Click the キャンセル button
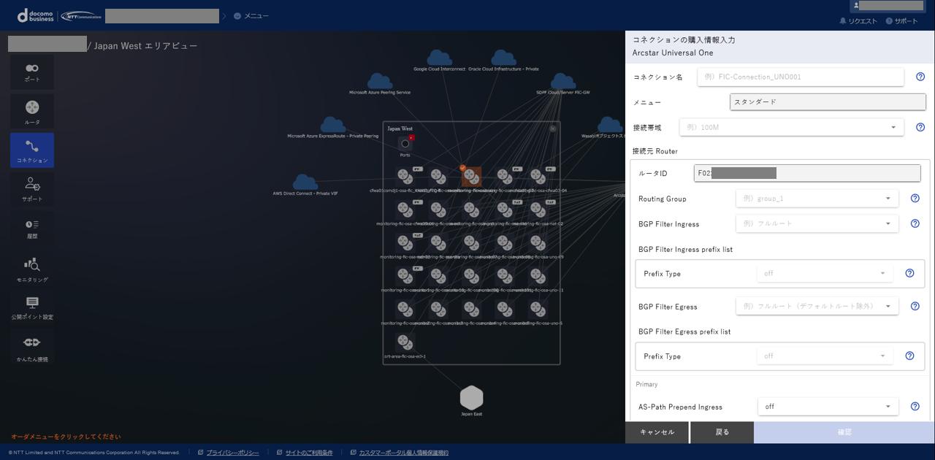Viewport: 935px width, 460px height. (657, 432)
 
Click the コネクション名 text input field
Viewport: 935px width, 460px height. (800, 77)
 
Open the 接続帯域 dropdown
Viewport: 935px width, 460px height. (791, 127)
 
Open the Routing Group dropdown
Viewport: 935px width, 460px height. (817, 199)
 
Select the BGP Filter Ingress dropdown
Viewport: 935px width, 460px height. (817, 223)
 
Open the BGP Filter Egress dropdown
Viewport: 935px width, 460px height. (817, 307)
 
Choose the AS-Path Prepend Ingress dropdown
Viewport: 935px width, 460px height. (828, 407)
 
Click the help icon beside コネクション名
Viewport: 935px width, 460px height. (920, 77)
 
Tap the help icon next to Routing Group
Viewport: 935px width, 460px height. (915, 199)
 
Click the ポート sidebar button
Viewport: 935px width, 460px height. (32, 72)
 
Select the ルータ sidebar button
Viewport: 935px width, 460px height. (32, 111)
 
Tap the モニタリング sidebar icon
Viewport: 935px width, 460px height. (32, 268)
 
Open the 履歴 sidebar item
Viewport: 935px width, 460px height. (32, 228)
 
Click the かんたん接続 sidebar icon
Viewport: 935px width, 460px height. (32, 346)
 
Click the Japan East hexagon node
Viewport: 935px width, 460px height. (471, 398)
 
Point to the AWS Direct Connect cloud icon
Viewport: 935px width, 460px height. (305, 182)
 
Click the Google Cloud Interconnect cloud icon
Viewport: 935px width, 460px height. (439, 58)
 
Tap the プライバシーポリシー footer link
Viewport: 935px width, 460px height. (232, 453)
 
